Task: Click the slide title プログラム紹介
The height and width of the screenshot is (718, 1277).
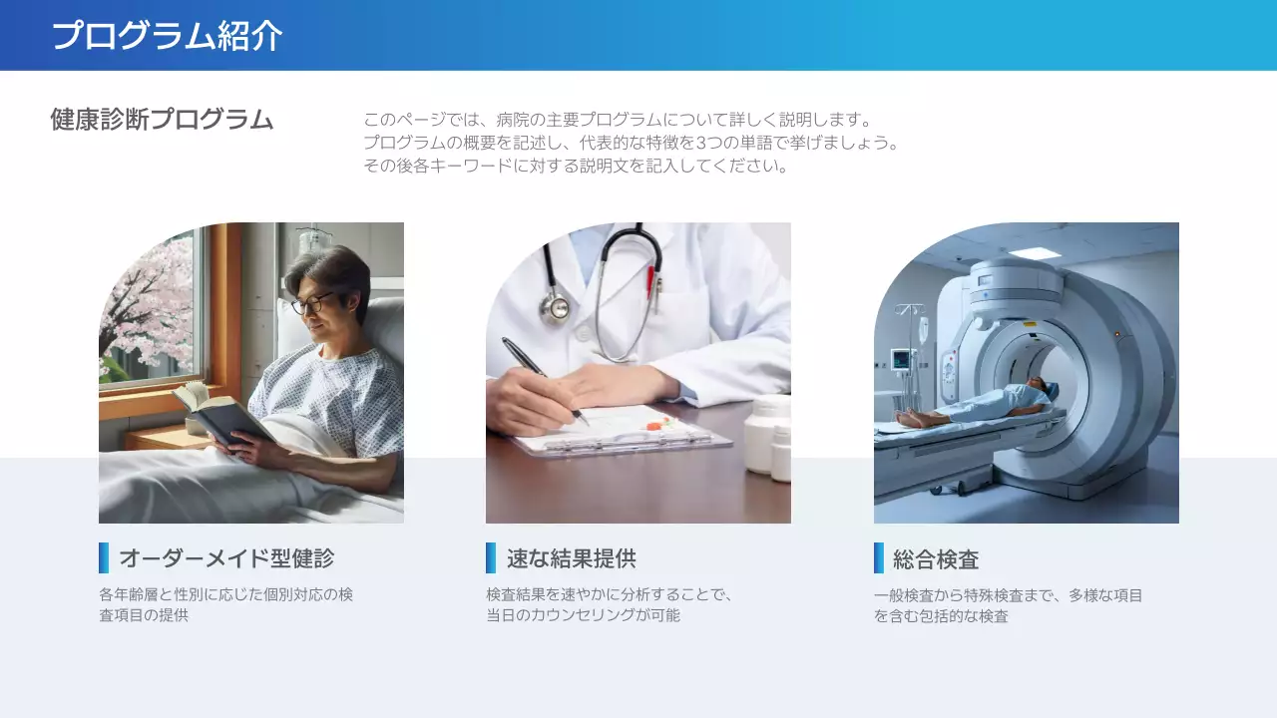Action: (167, 36)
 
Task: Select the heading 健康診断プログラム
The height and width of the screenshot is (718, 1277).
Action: (162, 120)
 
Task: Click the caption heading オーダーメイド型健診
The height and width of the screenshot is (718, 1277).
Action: (226, 558)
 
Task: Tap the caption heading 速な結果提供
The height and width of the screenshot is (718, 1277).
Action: (571, 558)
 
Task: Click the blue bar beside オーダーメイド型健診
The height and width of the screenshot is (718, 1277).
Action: (104, 558)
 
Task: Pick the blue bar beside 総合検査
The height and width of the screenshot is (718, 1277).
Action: (879, 558)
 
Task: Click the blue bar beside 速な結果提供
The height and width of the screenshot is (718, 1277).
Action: (491, 558)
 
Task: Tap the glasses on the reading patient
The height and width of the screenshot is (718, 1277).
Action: (312, 301)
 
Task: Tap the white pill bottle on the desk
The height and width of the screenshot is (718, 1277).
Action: (768, 433)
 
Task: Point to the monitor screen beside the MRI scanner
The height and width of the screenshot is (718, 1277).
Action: (902, 359)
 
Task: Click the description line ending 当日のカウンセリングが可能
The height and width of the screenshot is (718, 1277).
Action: (583, 615)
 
